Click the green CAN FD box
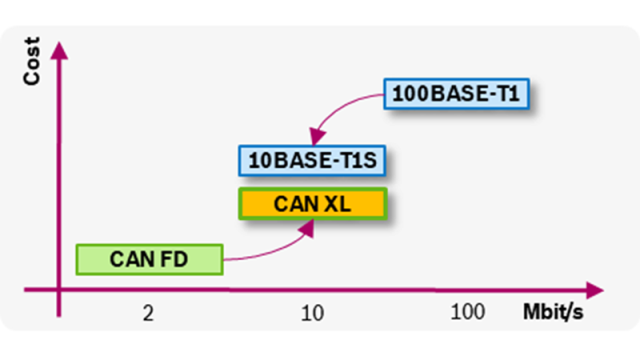148,259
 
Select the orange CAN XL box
311,203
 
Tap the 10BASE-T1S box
311,160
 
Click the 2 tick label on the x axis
148,314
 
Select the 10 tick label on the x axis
312,314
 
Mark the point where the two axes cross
60,291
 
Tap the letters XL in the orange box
336,203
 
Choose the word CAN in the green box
132,259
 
